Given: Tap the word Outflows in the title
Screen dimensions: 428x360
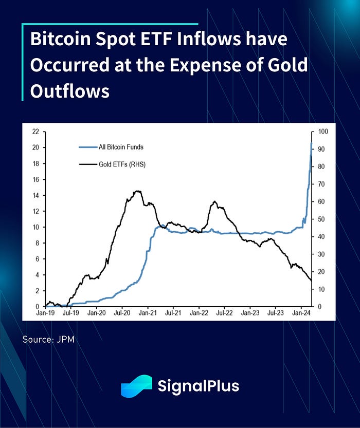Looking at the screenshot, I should pos(70,91).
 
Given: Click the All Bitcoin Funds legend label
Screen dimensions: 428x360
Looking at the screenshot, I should pos(121,147).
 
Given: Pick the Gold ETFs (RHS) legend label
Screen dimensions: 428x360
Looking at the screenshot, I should pos(123,164).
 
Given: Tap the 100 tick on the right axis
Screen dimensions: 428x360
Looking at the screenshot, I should pos(323,132).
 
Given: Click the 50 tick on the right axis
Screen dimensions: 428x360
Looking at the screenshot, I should pos(321,219).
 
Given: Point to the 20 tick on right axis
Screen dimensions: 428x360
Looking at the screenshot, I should pos(321,272).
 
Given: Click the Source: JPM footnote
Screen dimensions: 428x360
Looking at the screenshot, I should pos(49,340).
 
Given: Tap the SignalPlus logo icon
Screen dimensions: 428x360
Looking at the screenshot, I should pos(136,386).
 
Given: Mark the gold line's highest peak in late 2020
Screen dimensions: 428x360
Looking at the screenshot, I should pos(137,191).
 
